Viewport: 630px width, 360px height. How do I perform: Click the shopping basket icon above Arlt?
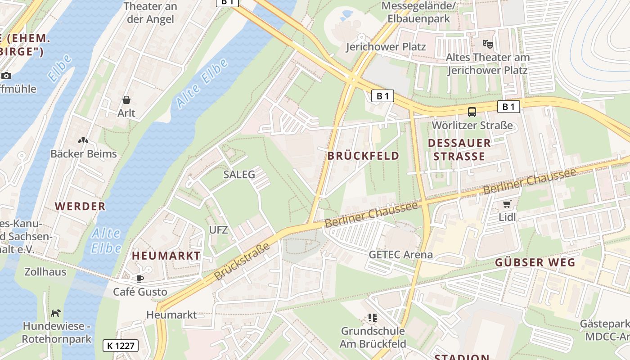(x=126, y=99)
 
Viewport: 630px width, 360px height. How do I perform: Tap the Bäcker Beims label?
(x=83, y=153)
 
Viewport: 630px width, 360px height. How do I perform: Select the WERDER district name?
(x=80, y=206)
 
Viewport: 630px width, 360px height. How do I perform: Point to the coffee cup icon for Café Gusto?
(x=140, y=279)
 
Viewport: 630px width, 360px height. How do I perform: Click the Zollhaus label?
(x=45, y=272)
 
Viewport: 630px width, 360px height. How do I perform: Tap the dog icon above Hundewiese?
(x=56, y=313)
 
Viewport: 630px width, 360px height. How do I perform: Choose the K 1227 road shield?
(x=120, y=346)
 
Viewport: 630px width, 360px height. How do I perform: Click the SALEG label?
(x=239, y=174)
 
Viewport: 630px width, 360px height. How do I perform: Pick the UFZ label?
(x=218, y=230)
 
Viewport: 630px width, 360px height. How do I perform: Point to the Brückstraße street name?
(x=242, y=261)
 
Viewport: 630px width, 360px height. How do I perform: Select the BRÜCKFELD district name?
(x=363, y=156)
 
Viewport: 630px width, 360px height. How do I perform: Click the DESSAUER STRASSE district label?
(x=459, y=149)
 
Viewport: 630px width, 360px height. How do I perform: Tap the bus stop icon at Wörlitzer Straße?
(x=472, y=112)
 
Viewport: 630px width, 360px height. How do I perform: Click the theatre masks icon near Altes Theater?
(x=487, y=44)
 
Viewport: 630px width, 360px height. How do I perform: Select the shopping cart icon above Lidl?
(x=507, y=204)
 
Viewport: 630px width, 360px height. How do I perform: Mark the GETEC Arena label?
(x=400, y=254)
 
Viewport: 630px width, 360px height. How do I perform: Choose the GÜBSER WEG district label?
(x=535, y=262)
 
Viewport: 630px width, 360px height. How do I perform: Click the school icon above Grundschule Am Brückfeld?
(x=372, y=318)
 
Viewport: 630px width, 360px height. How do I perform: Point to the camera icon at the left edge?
(x=6, y=76)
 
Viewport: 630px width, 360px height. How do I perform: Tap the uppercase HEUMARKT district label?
(x=166, y=256)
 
